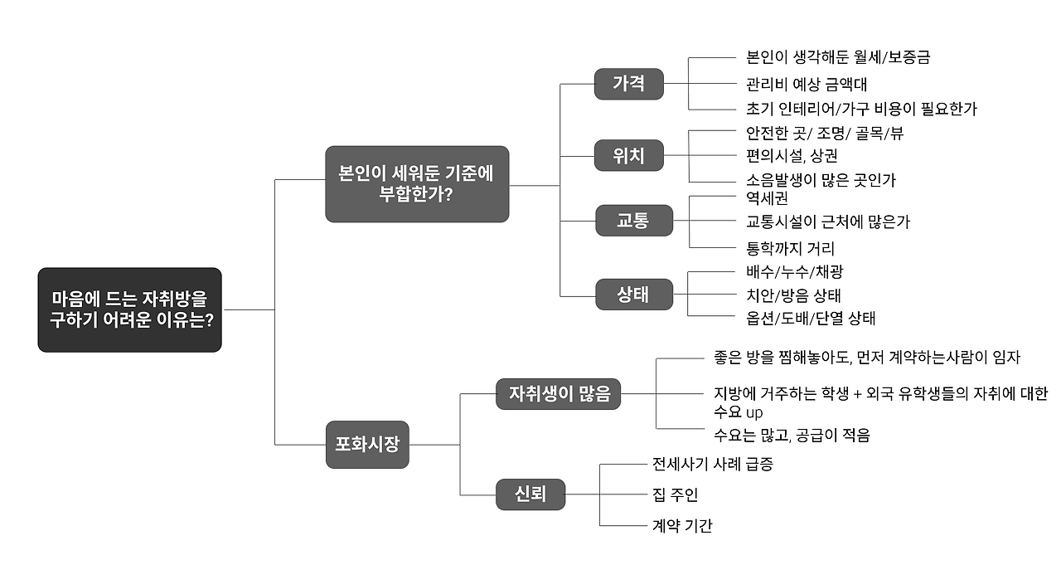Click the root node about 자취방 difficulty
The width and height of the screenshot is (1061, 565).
129,309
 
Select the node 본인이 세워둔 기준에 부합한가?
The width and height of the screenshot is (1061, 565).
416,184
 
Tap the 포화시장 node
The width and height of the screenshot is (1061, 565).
367,444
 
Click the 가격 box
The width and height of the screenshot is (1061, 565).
628,84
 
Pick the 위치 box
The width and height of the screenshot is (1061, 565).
628,155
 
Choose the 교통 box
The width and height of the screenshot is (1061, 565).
633,221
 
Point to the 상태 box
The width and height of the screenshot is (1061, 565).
633,294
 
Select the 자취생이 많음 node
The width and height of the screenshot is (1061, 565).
559,394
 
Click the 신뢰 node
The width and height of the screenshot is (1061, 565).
530,494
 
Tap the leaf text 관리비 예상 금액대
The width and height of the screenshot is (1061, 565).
806,84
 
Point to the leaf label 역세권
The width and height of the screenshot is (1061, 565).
767,198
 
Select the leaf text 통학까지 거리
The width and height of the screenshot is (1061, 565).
790,247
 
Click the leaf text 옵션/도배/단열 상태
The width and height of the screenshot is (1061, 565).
811,318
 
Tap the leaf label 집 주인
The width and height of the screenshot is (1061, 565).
675,494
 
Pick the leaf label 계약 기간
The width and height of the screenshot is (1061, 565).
682,525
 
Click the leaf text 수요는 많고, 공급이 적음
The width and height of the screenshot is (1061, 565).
792,435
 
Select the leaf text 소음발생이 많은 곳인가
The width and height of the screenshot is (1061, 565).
821,179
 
